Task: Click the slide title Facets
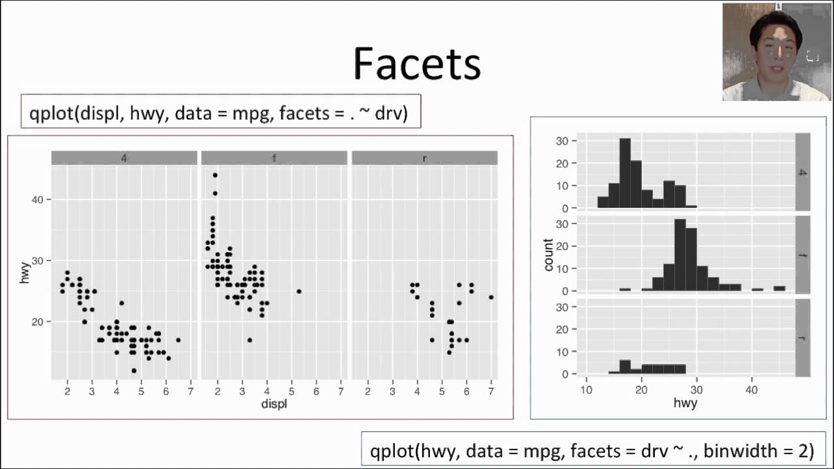pyautogui.click(x=416, y=64)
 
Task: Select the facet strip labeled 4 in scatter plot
pyautogui.click(x=124, y=158)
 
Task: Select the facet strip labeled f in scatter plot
pyautogui.click(x=274, y=158)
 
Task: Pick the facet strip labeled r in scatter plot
pyautogui.click(x=424, y=158)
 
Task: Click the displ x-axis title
pyautogui.click(x=274, y=403)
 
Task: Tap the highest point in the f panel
pyautogui.click(x=215, y=175)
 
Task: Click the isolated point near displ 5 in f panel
pyautogui.click(x=298, y=291)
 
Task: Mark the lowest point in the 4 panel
pyautogui.click(x=134, y=371)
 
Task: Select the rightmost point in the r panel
pyautogui.click(x=491, y=297)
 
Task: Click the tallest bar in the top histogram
pyautogui.click(x=625, y=173)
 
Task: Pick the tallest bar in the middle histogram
pyautogui.click(x=680, y=255)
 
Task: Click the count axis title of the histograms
pyautogui.click(x=548, y=255)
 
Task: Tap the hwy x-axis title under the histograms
pyautogui.click(x=685, y=403)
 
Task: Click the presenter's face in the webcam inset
pyautogui.click(x=775, y=49)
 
